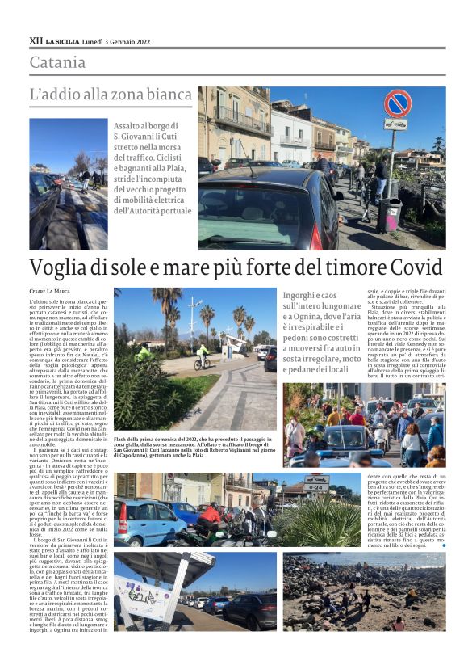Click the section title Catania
pos(57,62)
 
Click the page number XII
pos(36,40)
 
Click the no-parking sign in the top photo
pos(397,103)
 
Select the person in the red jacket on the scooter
pos(211,514)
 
